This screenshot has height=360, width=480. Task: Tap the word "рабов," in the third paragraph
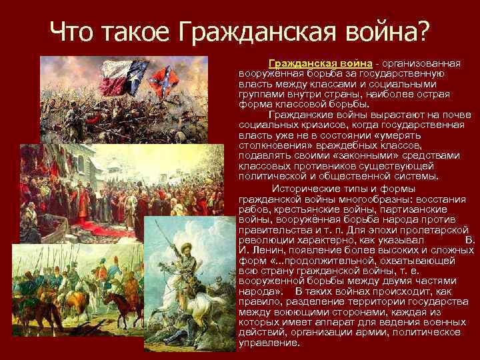(x=253, y=207)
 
